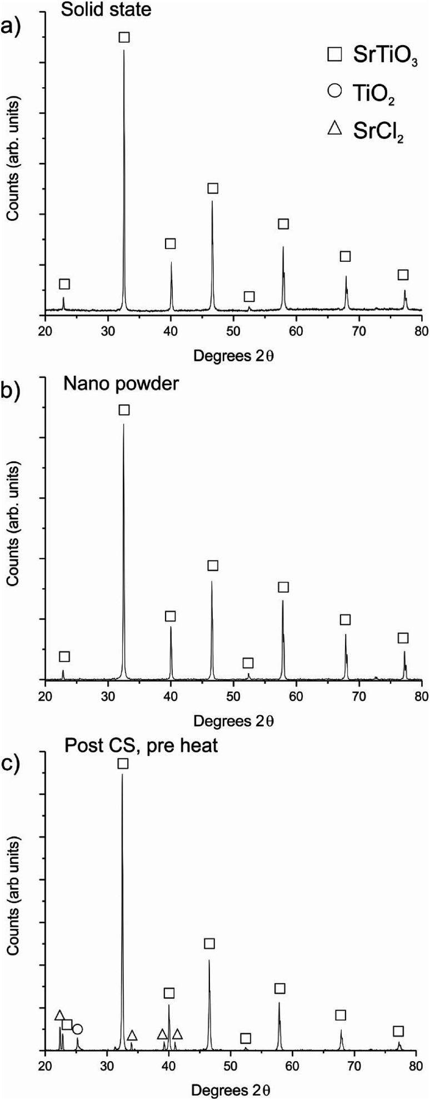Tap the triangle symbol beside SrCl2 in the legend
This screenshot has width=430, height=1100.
click(334, 128)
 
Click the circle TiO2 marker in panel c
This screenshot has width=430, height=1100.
click(77, 998)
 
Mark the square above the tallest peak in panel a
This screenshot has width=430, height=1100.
click(124, 37)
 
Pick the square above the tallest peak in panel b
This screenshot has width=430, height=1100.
click(124, 410)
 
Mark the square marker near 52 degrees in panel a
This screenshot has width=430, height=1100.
click(249, 296)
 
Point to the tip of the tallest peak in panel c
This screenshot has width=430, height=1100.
click(122, 774)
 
